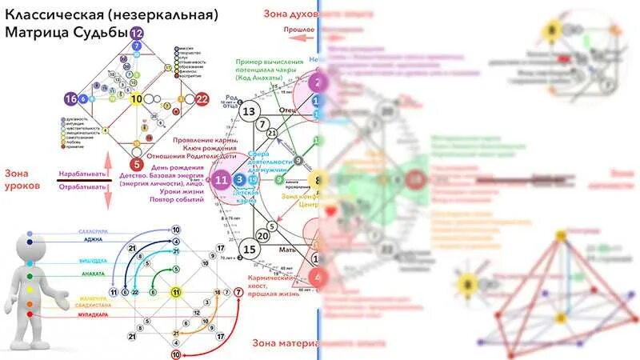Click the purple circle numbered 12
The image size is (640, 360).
137,34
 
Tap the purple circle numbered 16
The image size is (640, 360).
72,99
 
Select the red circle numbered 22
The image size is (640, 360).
202,99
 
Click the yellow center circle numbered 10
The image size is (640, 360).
137,99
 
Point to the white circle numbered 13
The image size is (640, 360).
250,112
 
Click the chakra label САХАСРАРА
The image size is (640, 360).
94,231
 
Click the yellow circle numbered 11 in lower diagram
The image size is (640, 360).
176,293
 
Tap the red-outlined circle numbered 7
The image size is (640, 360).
238,293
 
